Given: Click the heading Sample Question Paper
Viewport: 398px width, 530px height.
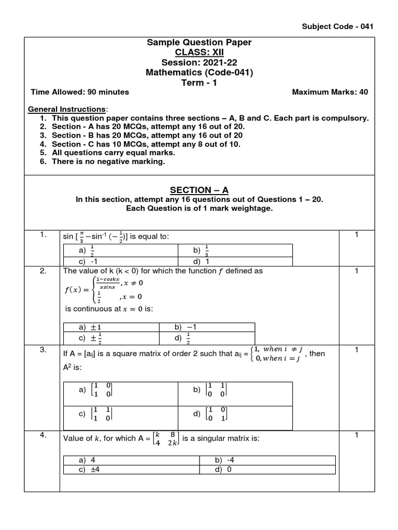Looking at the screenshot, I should (x=200, y=42).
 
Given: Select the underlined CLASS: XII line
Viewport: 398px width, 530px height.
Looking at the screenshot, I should (x=200, y=53).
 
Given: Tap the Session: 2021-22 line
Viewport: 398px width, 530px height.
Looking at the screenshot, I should (x=200, y=63).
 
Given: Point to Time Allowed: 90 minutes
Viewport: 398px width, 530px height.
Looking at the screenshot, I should (x=80, y=92).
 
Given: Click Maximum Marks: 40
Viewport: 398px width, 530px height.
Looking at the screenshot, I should (x=330, y=92).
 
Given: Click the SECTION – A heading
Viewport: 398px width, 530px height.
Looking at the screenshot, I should (x=200, y=190).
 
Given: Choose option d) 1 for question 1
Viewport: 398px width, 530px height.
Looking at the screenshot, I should (x=200, y=262).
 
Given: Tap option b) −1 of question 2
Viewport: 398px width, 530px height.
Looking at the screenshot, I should (x=185, y=327).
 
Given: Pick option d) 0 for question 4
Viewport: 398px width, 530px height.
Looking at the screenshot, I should (x=222, y=469).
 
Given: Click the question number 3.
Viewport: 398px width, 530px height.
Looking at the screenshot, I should (x=43, y=350).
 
